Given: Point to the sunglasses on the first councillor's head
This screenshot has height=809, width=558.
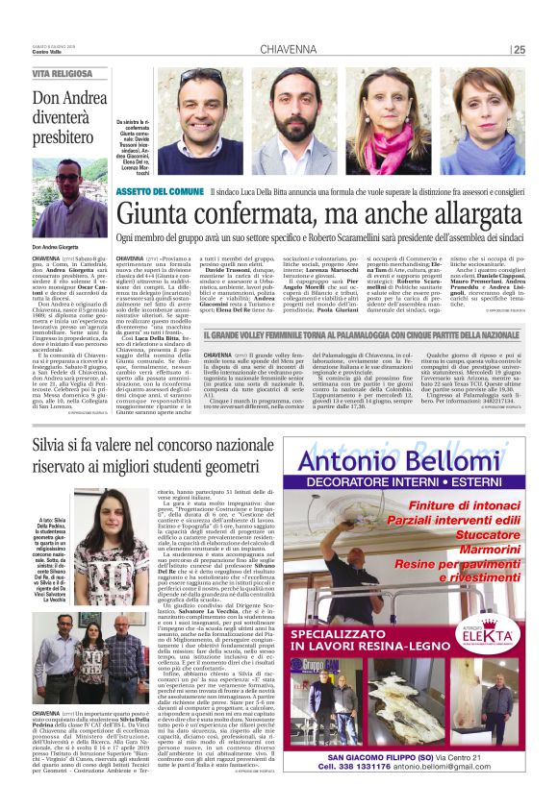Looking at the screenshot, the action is pos(198,76).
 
